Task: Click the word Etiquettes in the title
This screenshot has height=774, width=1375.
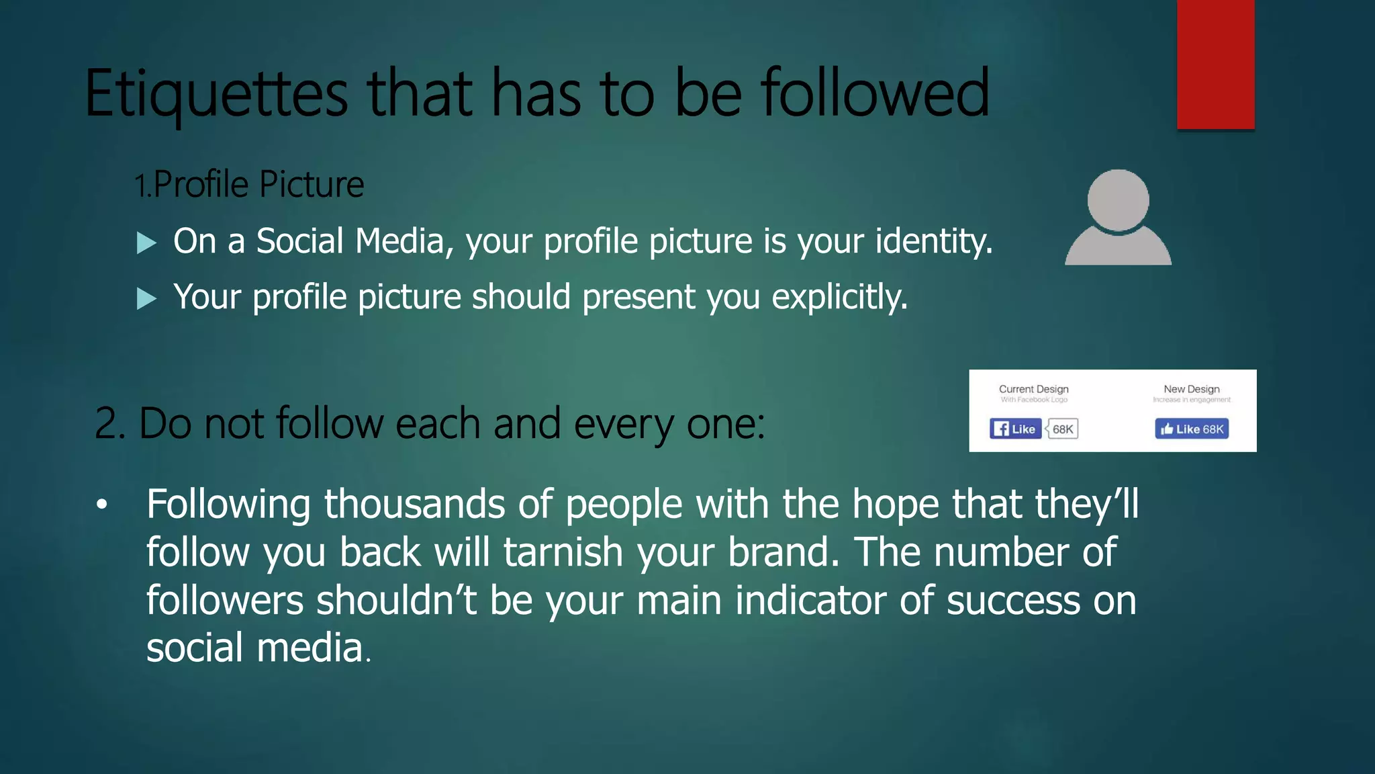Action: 216,94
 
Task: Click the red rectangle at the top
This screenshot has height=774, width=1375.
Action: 1215,64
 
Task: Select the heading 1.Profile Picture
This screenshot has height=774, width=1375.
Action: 249,185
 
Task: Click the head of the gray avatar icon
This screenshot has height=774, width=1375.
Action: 1118,200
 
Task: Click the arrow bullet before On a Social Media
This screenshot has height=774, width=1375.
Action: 146,243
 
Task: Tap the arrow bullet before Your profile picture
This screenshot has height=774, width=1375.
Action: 146,298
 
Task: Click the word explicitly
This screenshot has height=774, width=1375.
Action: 839,297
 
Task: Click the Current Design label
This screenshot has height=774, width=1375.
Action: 1033,389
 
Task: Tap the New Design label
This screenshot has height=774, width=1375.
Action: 1191,389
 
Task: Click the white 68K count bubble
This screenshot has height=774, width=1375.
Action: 1063,429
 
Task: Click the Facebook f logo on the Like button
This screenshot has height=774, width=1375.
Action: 1001,429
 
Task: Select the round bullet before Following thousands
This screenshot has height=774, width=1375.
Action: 101,505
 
